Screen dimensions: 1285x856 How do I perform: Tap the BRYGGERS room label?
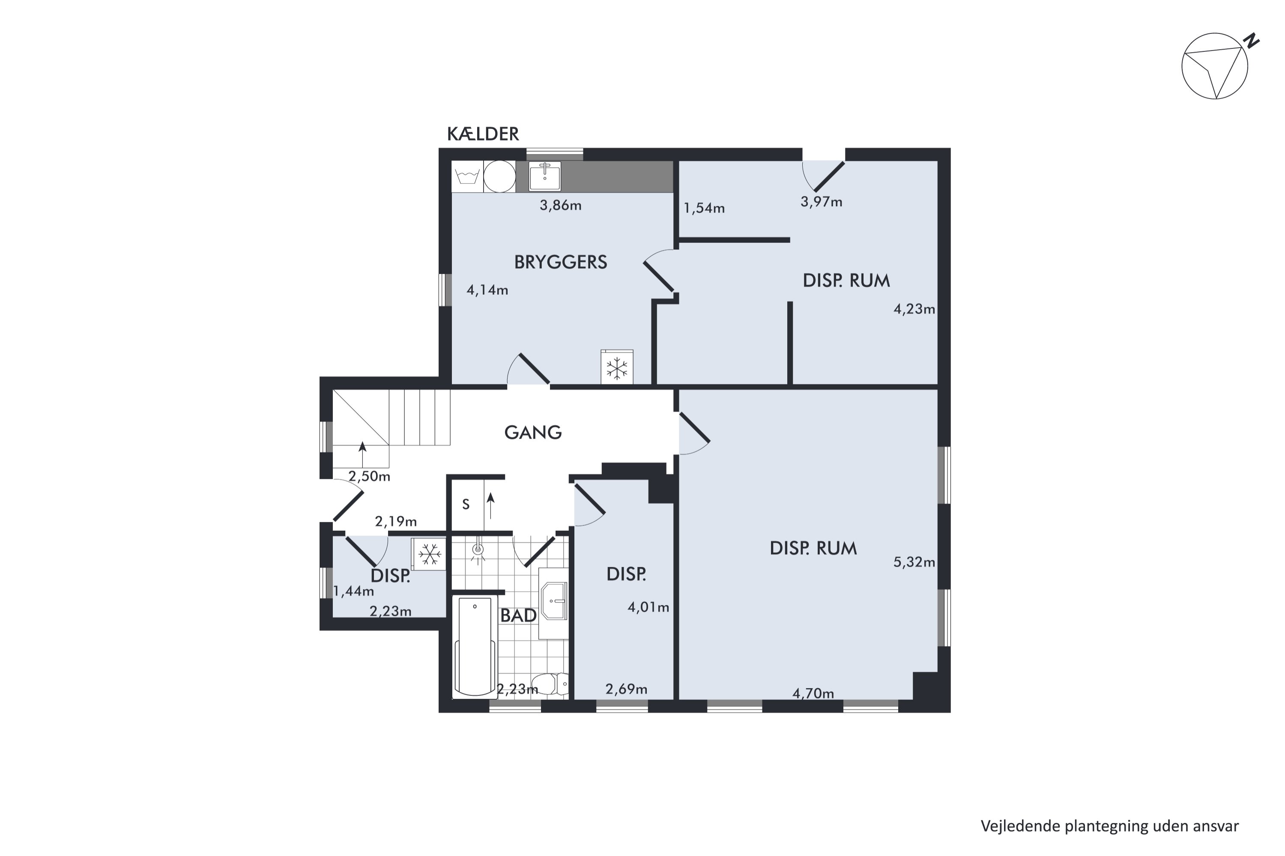561,262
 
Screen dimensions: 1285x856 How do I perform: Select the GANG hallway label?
533,432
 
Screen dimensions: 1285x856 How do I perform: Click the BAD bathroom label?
518,615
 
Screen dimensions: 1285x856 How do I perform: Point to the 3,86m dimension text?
561,205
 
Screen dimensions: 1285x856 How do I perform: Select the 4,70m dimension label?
813,693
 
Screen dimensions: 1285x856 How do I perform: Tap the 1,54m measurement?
704,208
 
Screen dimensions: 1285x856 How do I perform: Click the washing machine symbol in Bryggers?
467,176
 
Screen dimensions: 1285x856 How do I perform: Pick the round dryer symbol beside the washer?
499,176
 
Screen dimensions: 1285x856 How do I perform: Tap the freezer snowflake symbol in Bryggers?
617,367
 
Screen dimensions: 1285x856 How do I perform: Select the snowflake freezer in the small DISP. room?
430,554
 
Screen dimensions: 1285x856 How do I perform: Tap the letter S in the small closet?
466,505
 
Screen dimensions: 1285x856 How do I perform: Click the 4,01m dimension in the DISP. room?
648,607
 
